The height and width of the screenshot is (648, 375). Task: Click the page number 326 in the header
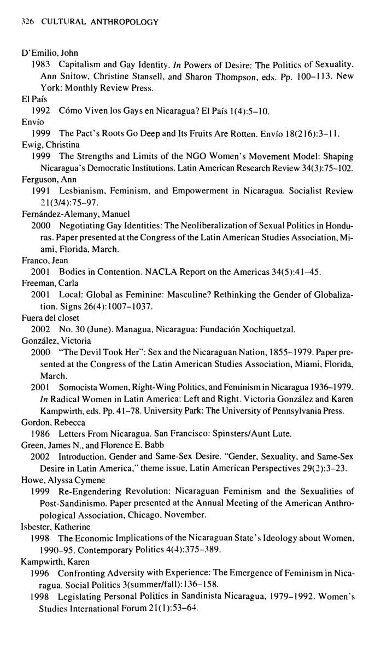[26, 22]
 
